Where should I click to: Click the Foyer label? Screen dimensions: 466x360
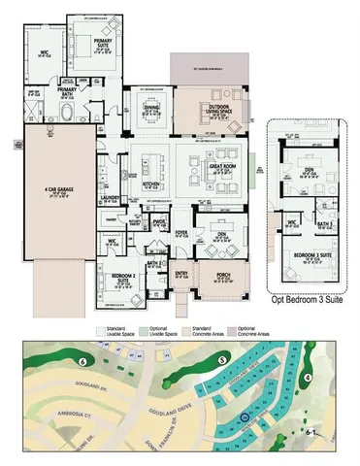(180, 232)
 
